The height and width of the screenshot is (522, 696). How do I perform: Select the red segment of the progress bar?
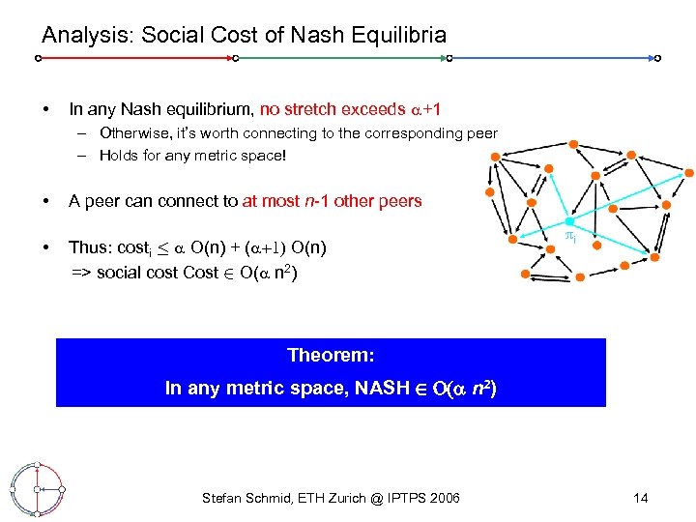click(135, 58)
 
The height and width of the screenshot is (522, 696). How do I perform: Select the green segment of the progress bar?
click(341, 58)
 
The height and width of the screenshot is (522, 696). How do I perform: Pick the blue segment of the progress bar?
click(553, 58)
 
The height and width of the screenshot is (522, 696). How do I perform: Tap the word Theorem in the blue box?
click(331, 355)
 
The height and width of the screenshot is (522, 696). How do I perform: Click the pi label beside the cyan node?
click(570, 238)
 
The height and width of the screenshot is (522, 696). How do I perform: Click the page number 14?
click(640, 498)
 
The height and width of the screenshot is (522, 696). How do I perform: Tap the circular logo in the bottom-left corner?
click(36, 488)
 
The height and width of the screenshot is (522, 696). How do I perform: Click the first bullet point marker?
click(45, 109)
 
